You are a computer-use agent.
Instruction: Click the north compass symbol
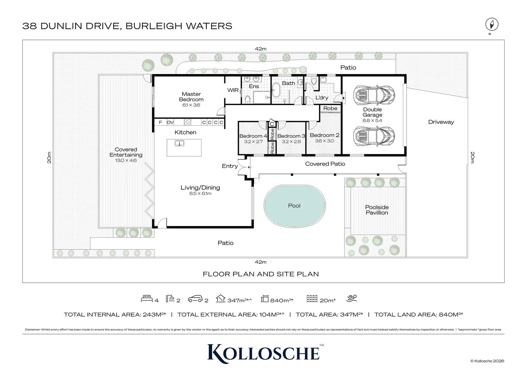[492, 24]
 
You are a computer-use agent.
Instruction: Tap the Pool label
[294, 206]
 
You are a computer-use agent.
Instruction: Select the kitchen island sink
[179, 143]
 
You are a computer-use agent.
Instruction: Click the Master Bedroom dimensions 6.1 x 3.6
[191, 105]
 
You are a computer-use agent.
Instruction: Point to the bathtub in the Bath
[276, 90]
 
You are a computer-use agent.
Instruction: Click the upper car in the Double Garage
[374, 95]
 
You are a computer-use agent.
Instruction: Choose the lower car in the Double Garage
[374, 136]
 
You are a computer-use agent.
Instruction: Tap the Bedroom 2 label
[325, 135]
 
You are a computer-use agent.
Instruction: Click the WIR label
[233, 90]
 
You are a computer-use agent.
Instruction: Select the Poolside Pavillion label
[377, 210]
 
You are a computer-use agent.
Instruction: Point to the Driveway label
[441, 122]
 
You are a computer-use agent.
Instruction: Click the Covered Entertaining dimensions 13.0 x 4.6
[126, 161]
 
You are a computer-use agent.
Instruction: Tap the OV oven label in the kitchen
[170, 122]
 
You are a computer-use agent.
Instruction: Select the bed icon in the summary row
[147, 298]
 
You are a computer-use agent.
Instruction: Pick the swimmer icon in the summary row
[352, 298]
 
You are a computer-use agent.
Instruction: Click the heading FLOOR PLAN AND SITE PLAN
[261, 274]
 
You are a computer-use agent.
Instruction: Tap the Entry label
[230, 166]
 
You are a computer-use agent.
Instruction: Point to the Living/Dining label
[200, 187]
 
